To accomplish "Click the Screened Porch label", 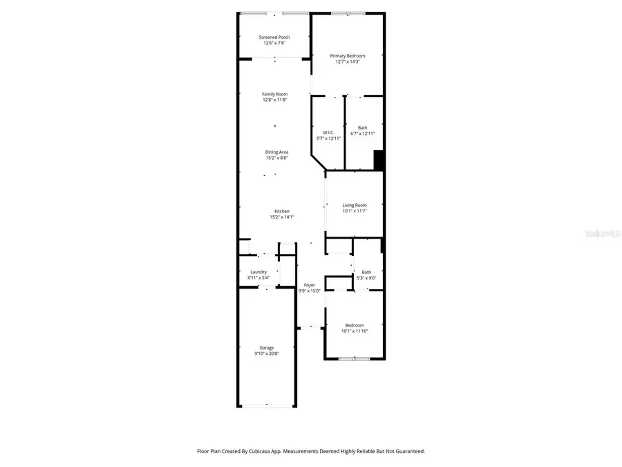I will pos(274,37).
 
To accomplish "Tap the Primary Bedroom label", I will pos(348,56).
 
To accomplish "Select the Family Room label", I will pos(274,94).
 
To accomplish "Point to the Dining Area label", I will pos(276,152).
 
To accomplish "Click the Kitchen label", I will pos(281,211).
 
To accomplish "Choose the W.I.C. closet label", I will pos(328,132).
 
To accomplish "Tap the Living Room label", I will pos(355,205).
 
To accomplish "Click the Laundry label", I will pos(258,272).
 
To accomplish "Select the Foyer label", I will pos(309,285).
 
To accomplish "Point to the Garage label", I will pos(267,347).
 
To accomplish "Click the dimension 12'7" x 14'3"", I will pos(348,62).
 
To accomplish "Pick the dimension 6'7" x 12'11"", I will pos(363,133).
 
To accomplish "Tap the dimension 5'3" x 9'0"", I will pos(366,278).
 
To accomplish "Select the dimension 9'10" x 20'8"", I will pos(267,354).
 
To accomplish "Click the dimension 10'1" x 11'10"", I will pos(355,331).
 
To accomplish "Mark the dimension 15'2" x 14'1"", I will pos(281,217).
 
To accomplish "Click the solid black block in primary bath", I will pos(379,160).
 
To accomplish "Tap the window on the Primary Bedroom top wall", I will pos(348,13).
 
